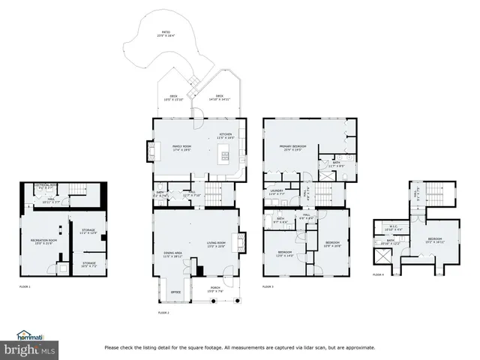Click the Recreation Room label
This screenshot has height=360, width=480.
[41, 241]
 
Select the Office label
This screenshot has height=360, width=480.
[175, 292]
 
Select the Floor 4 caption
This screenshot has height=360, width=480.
[378, 274]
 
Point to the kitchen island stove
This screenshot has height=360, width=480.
[223, 154]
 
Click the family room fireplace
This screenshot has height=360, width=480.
[154, 152]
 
